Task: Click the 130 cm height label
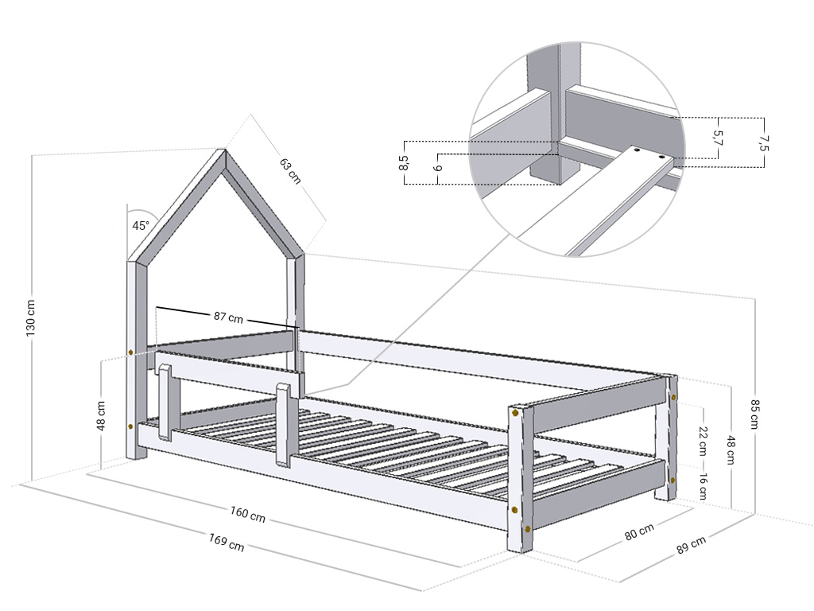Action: (31, 317)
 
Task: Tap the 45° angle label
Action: (140, 225)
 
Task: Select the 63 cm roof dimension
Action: (290, 171)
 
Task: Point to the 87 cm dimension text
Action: (228, 317)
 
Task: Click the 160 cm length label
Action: (248, 514)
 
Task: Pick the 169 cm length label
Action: (227, 542)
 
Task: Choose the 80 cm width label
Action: (639, 532)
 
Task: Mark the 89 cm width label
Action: (691, 544)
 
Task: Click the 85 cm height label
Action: (755, 414)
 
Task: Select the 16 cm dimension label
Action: (703, 487)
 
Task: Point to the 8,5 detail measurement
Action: (404, 162)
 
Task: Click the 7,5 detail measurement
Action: (764, 143)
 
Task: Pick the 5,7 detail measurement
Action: (718, 138)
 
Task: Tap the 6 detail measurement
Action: (438, 169)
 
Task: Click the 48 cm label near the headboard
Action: (101, 415)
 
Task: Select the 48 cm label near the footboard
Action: (731, 449)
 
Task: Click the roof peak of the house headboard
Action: (225, 150)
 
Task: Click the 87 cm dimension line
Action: (227, 317)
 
